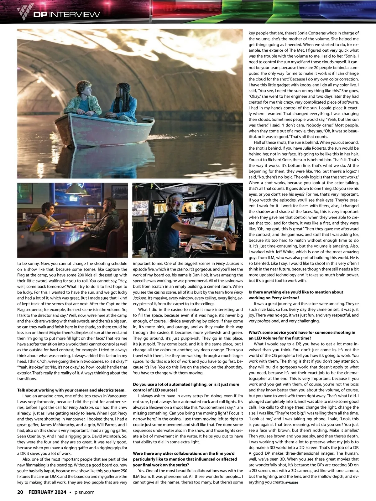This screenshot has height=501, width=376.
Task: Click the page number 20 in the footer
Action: click(20, 492)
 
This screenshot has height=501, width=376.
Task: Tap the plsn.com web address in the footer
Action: click(84, 492)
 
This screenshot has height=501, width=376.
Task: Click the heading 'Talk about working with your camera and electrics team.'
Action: click(71, 390)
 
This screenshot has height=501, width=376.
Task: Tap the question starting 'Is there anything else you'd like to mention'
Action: click(296, 295)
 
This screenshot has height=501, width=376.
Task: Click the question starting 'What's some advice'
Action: click(302, 335)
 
